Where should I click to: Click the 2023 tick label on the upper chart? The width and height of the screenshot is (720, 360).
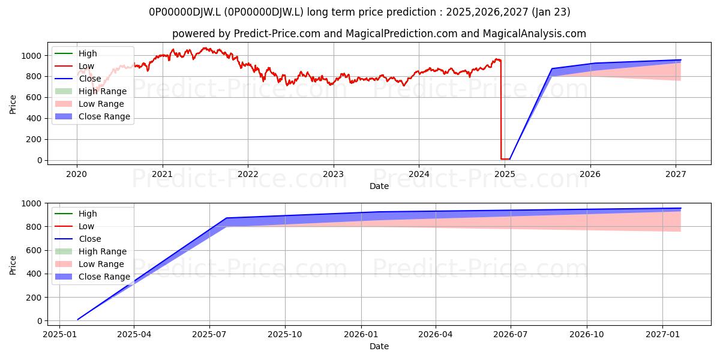(x=334, y=174)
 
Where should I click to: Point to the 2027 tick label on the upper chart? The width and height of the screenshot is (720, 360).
(x=676, y=174)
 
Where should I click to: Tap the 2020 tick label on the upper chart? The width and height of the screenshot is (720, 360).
(x=77, y=174)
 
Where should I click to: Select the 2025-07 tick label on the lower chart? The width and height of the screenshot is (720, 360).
(x=209, y=335)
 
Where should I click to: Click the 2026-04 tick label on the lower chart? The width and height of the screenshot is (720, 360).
(x=436, y=335)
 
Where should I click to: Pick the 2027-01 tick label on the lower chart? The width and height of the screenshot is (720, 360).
(x=662, y=335)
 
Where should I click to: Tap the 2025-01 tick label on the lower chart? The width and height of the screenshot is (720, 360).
(x=60, y=335)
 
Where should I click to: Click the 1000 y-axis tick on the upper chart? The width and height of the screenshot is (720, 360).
(x=31, y=56)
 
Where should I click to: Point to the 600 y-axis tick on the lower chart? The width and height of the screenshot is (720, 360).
(x=34, y=250)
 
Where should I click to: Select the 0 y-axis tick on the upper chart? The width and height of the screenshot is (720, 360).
(x=40, y=160)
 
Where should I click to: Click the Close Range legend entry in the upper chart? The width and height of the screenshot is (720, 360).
(x=92, y=116)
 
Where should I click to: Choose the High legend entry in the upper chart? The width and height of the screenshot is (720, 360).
(x=76, y=53)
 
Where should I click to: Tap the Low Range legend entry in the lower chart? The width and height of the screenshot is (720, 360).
(x=89, y=264)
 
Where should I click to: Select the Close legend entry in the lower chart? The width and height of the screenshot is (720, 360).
(x=78, y=239)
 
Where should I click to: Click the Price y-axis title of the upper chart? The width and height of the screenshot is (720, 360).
(x=13, y=104)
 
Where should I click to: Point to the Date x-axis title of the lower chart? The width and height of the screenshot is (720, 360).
(x=379, y=347)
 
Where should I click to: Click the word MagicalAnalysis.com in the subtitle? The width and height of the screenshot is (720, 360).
(x=535, y=34)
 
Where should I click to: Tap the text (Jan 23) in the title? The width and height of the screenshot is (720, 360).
(x=551, y=12)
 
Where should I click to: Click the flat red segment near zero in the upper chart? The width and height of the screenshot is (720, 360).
(x=505, y=159)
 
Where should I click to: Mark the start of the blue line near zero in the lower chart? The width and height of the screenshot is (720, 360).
(x=77, y=319)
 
